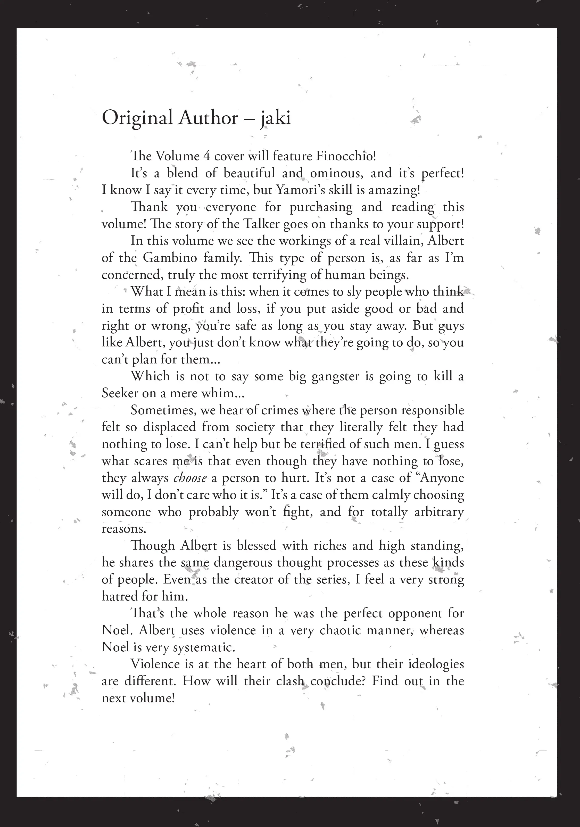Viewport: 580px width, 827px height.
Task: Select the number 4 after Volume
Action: pyautogui.click(x=206, y=156)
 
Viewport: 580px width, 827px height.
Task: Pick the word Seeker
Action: pyautogui.click(x=120, y=393)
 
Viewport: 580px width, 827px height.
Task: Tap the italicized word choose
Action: pyautogui.click(x=190, y=478)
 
